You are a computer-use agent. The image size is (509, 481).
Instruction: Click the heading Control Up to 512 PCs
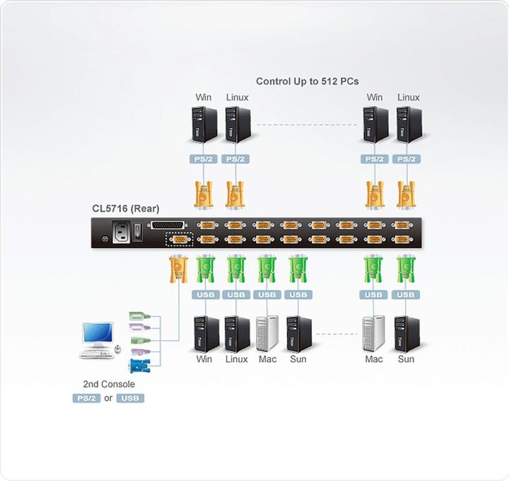coord(307,81)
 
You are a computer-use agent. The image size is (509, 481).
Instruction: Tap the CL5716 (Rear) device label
coord(125,209)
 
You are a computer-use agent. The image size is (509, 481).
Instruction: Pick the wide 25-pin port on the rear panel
coord(176,226)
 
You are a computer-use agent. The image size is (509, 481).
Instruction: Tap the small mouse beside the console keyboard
coord(118,349)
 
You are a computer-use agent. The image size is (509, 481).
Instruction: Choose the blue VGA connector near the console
coord(139,366)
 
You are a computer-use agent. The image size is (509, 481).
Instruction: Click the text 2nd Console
coord(108,384)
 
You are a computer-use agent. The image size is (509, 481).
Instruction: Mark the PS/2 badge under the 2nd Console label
coord(86,398)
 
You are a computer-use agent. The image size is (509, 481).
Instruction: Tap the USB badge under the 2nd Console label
coord(130,398)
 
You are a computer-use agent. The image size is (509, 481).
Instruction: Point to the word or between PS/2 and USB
coord(108,398)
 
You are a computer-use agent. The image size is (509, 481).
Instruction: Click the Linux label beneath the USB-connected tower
coord(236,359)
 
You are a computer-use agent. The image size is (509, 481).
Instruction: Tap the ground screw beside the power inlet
coord(105,238)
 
